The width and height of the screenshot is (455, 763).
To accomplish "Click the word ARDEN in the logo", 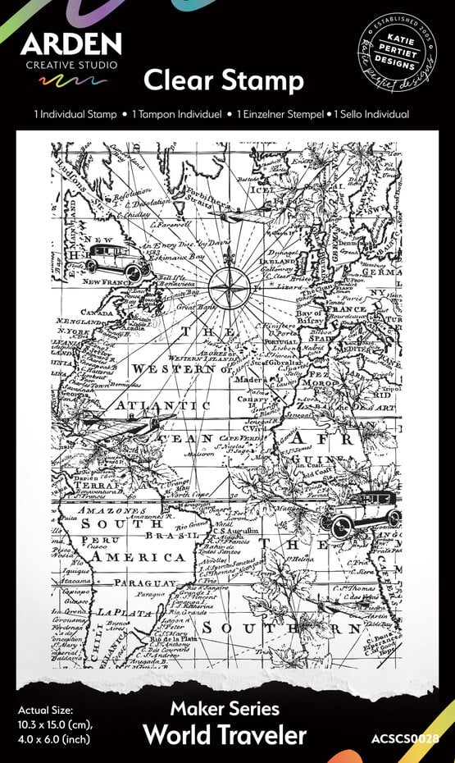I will [71, 44].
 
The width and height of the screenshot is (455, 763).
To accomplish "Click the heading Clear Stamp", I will [224, 80].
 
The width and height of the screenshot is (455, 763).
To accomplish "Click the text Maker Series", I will [225, 709].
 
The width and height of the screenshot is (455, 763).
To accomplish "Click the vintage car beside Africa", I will [361, 511].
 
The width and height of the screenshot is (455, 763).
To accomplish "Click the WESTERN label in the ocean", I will [173, 370].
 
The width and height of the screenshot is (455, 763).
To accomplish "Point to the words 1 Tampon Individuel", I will [175, 115].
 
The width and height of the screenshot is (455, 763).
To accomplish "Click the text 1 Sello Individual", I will [374, 115].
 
